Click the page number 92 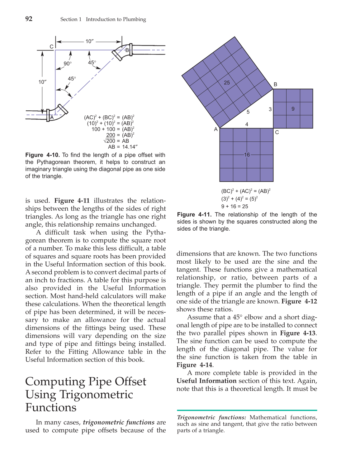pos(29,19)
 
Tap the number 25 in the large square pos(227,83)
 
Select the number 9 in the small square pos(293,109)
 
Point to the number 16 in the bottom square pos(247,155)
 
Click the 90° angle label pos(68,64)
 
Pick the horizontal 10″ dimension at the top pos(89,41)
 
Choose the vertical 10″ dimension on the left pos(42,82)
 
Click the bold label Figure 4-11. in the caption pos(194,214)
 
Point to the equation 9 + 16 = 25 pos(234,206)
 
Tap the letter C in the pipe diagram pos(52,47)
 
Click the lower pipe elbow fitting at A pos(56,113)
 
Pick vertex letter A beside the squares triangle pos(216,129)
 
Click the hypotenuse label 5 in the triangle pos(248,112)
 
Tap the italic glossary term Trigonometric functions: pos(211,417)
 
